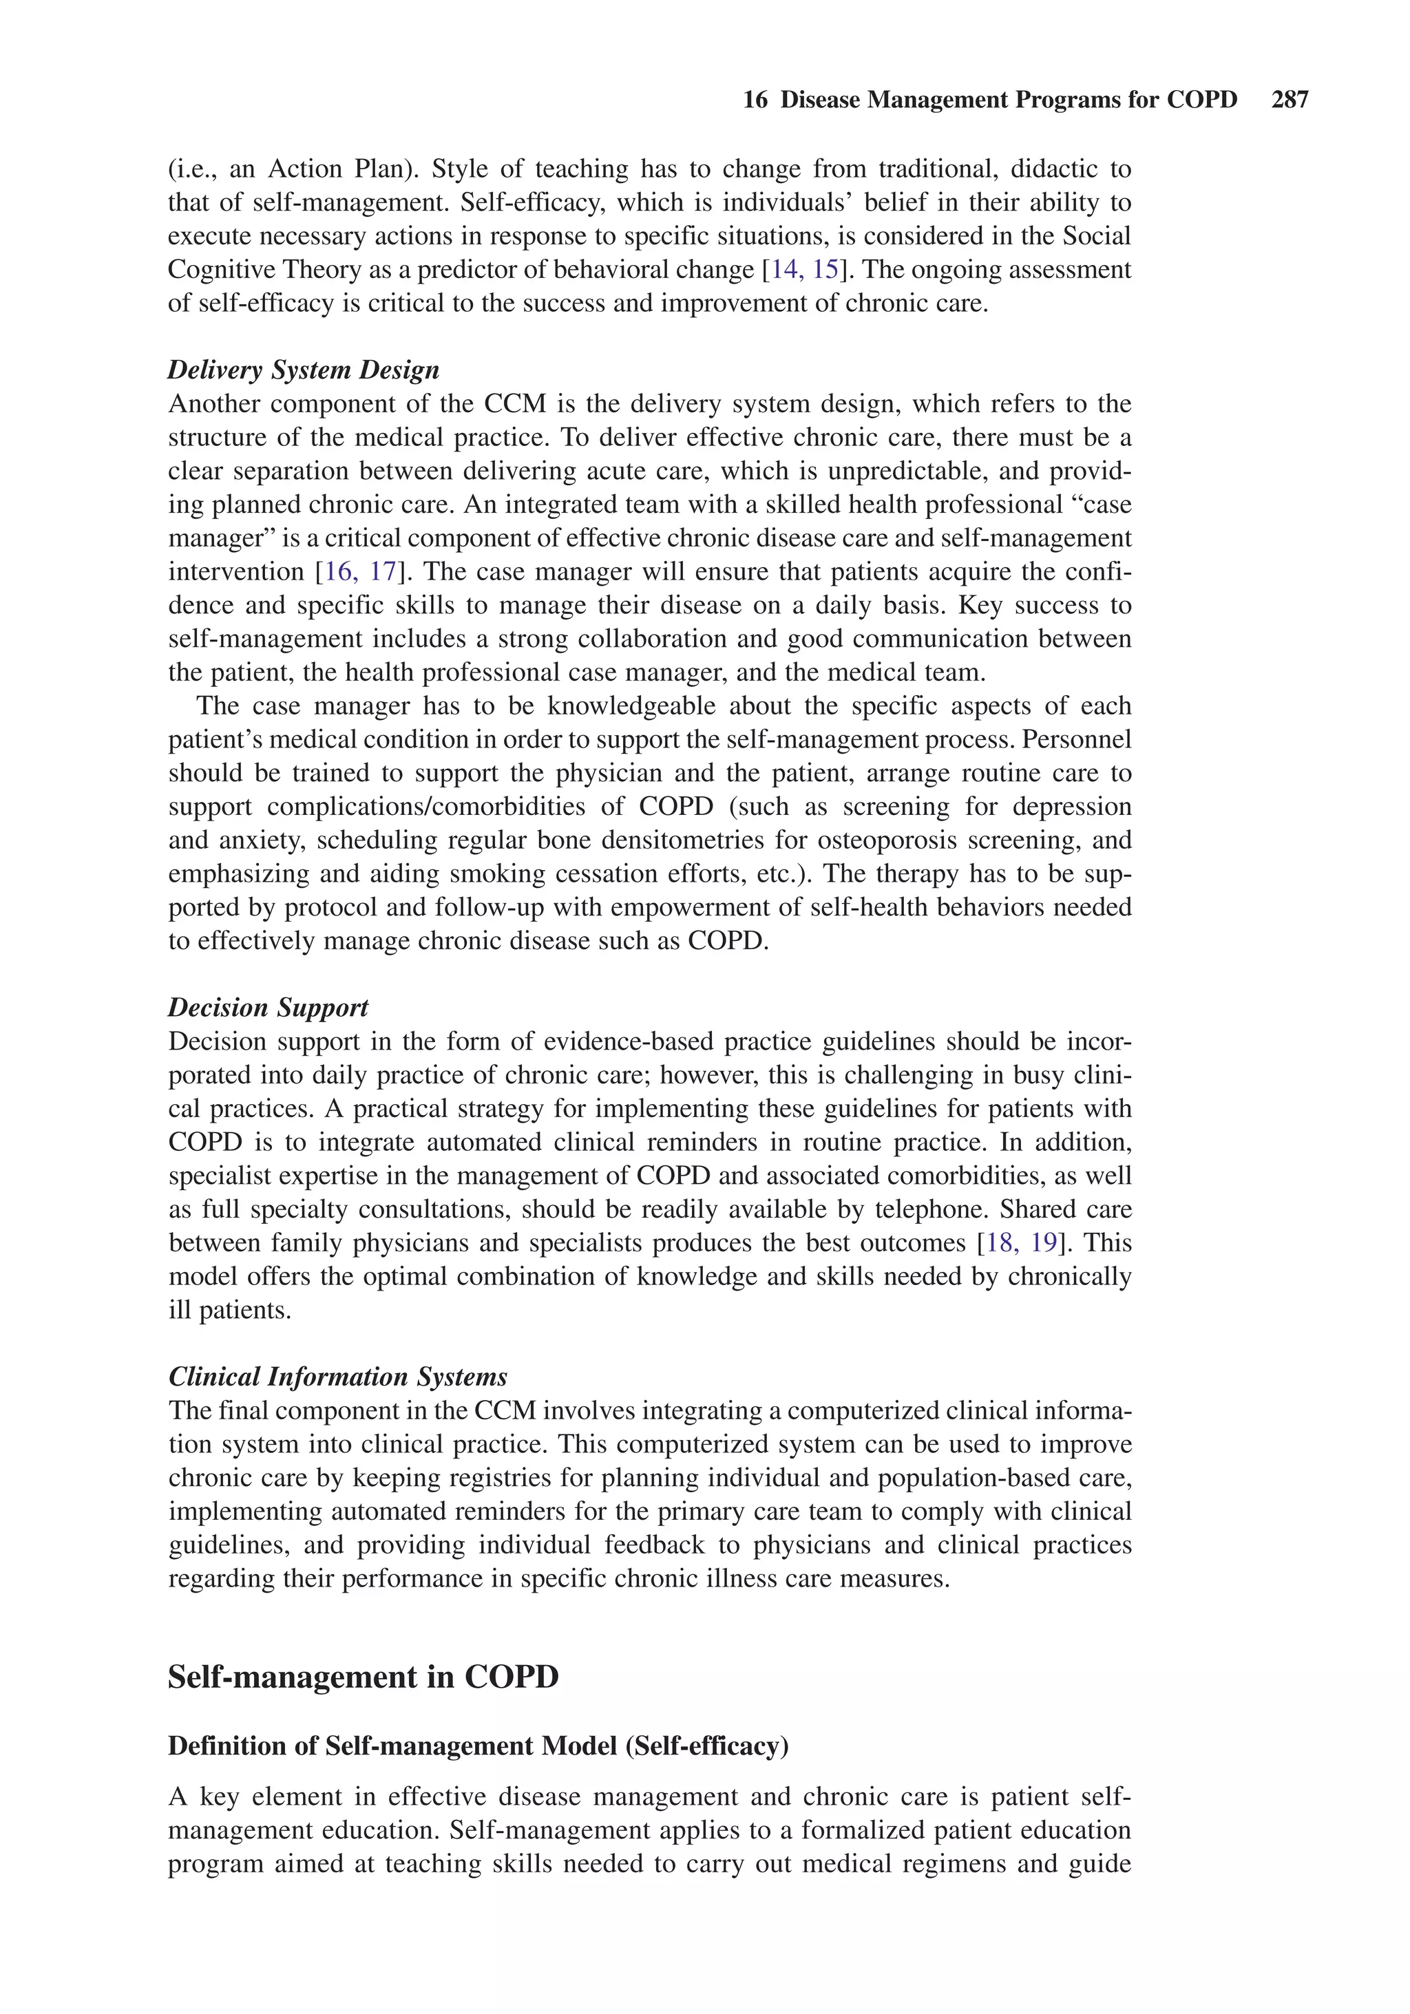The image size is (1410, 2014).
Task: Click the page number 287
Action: (x=1289, y=100)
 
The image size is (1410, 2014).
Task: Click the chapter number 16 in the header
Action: (x=755, y=100)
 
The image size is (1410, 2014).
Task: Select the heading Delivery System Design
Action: (x=303, y=370)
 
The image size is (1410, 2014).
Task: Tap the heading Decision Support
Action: (x=268, y=1007)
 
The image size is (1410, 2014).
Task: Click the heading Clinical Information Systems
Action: (x=338, y=1377)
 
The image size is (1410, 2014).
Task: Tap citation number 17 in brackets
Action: (x=383, y=572)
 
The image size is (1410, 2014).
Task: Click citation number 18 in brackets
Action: (x=1000, y=1243)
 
